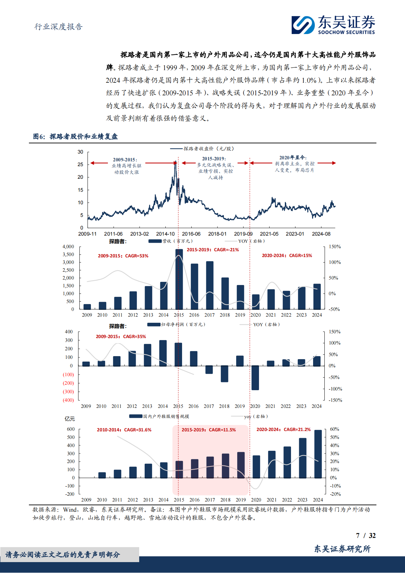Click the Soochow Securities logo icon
tap(303, 25)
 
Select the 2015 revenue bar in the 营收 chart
tap(179, 279)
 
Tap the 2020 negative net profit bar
tap(255, 378)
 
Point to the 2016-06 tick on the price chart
tap(191, 234)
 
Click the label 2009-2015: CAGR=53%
tap(123, 256)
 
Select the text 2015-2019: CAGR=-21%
tap(213, 250)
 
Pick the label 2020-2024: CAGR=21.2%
tap(283, 429)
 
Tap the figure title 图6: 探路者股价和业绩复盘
tap(75, 137)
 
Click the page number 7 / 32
tap(366, 536)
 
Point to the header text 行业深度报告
tap(59, 27)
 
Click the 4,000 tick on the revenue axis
tap(68, 246)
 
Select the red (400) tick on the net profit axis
tap(68, 400)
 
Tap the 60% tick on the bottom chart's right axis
tap(334, 429)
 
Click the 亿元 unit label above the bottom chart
tap(69, 418)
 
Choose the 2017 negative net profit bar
tap(209, 369)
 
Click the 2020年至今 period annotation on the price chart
tap(293, 157)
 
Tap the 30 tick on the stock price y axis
tap(80, 152)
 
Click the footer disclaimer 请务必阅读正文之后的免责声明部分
tap(63, 555)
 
